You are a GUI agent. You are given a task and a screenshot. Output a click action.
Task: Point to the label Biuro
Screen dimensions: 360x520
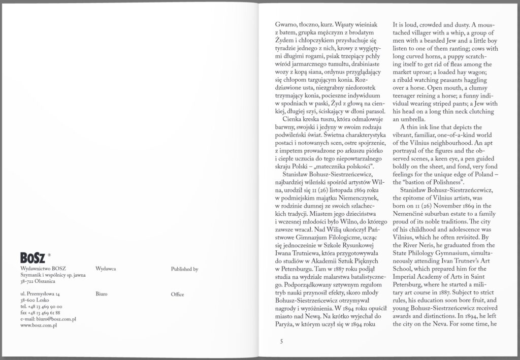pyautogui.click(x=101, y=294)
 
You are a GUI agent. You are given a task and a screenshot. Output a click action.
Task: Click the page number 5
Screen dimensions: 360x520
pyautogui.click(x=281, y=341)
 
